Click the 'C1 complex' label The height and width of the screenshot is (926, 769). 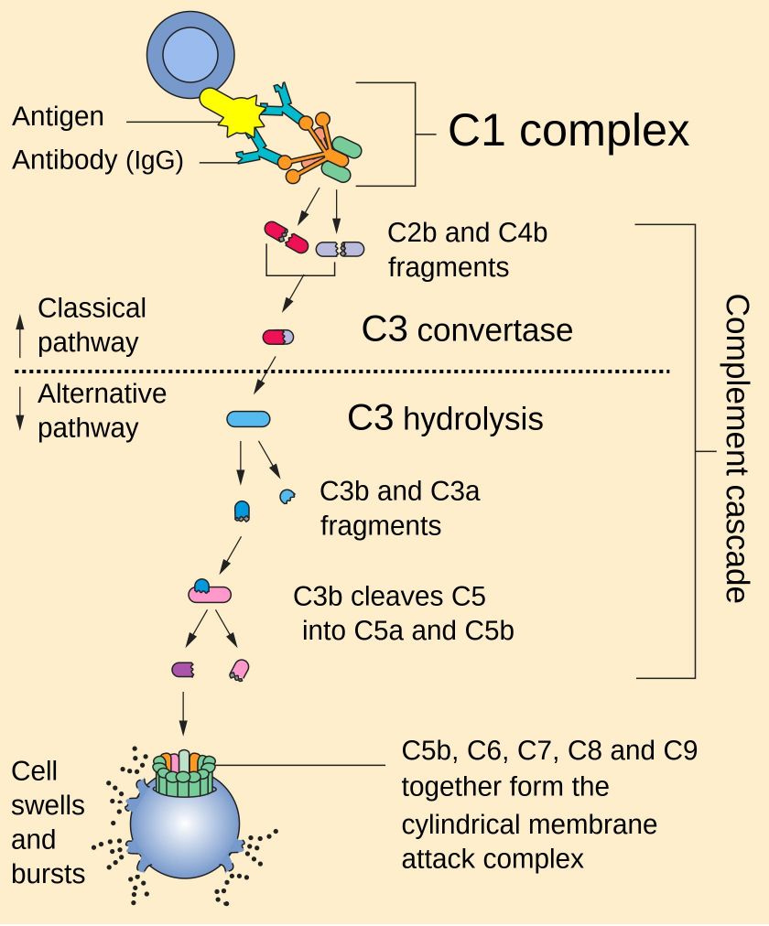[568, 131]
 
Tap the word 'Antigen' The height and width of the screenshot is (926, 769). [58, 117]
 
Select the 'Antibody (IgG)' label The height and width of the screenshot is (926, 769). [98, 161]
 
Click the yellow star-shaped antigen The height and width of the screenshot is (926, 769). [240, 113]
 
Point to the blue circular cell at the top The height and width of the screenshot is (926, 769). [191, 53]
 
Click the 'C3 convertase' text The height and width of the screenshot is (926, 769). [467, 329]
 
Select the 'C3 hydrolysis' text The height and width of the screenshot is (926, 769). [445, 418]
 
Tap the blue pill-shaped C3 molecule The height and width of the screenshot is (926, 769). [248, 419]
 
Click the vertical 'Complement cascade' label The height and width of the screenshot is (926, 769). [736, 448]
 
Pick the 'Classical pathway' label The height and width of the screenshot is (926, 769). [91, 326]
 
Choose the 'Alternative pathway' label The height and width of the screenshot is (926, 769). [101, 411]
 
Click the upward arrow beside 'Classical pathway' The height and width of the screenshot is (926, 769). [20, 335]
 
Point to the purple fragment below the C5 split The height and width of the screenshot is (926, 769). [182, 670]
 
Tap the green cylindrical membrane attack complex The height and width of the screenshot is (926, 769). [185, 774]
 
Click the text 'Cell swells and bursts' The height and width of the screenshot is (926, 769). [48, 822]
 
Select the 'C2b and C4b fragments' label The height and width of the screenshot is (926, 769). [467, 250]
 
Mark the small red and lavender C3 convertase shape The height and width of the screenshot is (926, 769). [278, 338]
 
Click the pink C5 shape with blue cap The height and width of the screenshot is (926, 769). [210, 592]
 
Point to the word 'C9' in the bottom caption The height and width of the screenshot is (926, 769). [677, 751]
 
